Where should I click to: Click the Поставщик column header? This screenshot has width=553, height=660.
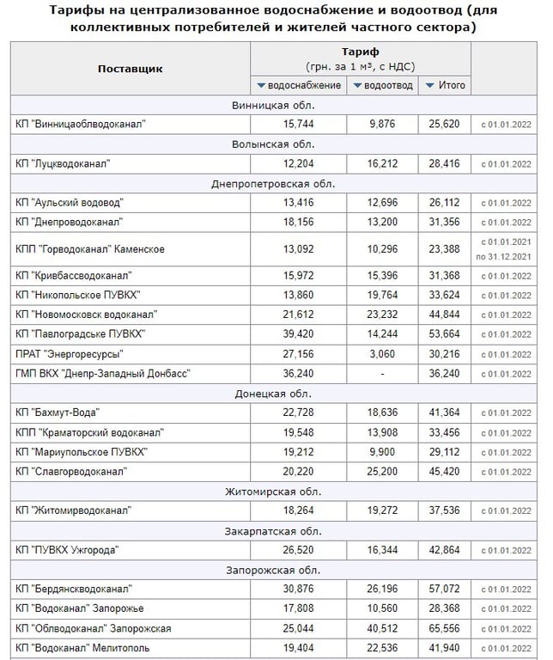[130, 69]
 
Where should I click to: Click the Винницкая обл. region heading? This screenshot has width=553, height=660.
[273, 105]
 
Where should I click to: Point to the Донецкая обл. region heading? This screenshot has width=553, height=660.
[273, 394]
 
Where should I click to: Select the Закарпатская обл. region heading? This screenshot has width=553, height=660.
[273, 530]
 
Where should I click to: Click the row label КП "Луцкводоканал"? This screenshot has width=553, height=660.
[64, 163]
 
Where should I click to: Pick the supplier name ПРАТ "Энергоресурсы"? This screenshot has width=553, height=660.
[69, 354]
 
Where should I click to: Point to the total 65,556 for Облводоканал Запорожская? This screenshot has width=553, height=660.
[445, 628]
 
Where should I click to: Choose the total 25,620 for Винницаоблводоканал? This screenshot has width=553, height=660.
[445, 124]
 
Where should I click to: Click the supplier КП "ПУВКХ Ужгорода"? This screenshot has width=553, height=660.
[67, 550]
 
